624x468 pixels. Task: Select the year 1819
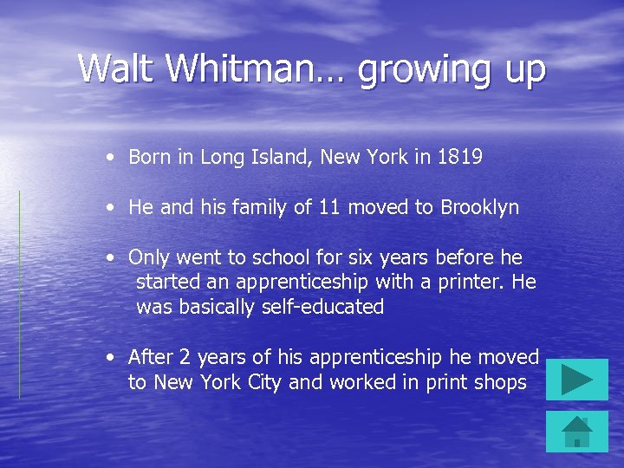(x=460, y=157)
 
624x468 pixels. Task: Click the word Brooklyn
(x=480, y=208)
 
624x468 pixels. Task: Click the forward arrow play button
(x=577, y=380)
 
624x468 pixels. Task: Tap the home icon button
(x=577, y=432)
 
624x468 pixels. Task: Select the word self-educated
(x=322, y=307)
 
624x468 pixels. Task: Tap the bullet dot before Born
(x=110, y=158)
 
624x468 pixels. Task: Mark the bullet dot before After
(x=110, y=358)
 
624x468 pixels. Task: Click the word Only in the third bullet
(x=148, y=258)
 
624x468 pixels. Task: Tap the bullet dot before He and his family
(x=110, y=209)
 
